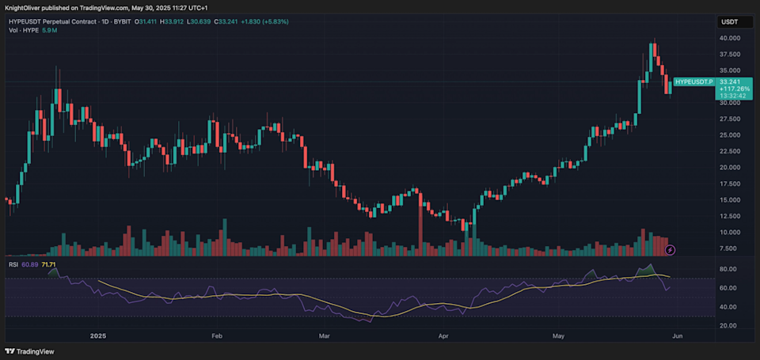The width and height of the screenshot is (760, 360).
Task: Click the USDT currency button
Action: coord(729,23)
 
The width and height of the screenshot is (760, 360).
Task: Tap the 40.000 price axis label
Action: coord(730,38)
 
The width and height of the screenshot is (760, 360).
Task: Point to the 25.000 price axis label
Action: coord(730,135)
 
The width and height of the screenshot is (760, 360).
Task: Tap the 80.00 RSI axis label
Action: coord(728,269)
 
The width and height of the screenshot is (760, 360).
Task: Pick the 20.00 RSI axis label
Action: coord(728,325)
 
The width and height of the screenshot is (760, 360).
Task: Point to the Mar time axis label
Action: coord(323,335)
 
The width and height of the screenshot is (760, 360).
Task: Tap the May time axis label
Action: coord(560,335)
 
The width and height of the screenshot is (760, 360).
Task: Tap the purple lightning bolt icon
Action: coord(671,249)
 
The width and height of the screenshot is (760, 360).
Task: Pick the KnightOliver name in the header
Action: coord(25,7)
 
